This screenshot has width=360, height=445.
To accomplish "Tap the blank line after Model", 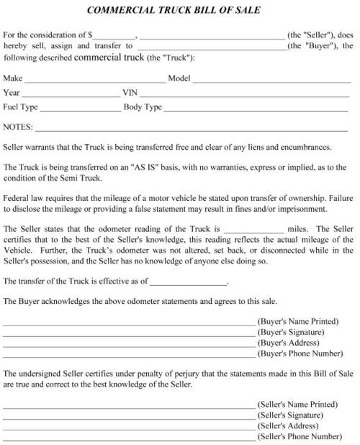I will [x=270, y=80].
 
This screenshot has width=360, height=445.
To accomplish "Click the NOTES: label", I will [x=18, y=127].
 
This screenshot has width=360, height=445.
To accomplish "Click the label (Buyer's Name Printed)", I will [x=297, y=322].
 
